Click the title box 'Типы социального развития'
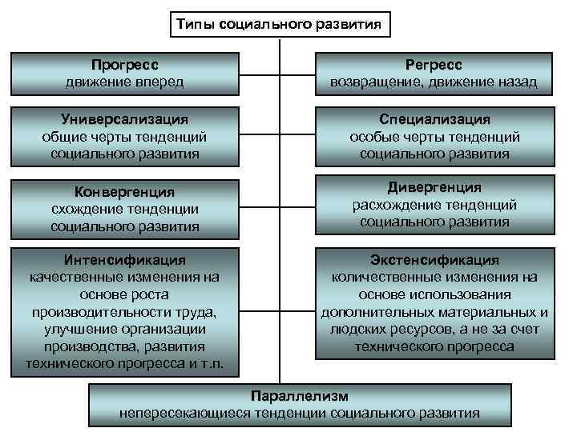(280, 25)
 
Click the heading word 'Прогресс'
(124, 65)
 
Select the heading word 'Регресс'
(434, 65)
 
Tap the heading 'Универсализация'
(124, 119)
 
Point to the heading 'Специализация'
(434, 119)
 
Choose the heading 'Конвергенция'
(124, 192)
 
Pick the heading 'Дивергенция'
(434, 187)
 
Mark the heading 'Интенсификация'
(124, 260)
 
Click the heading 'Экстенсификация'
(434, 260)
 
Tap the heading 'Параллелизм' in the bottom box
(300, 396)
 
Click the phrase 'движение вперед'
(124, 82)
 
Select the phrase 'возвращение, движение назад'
(434, 82)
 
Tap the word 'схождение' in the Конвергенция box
(86, 210)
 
